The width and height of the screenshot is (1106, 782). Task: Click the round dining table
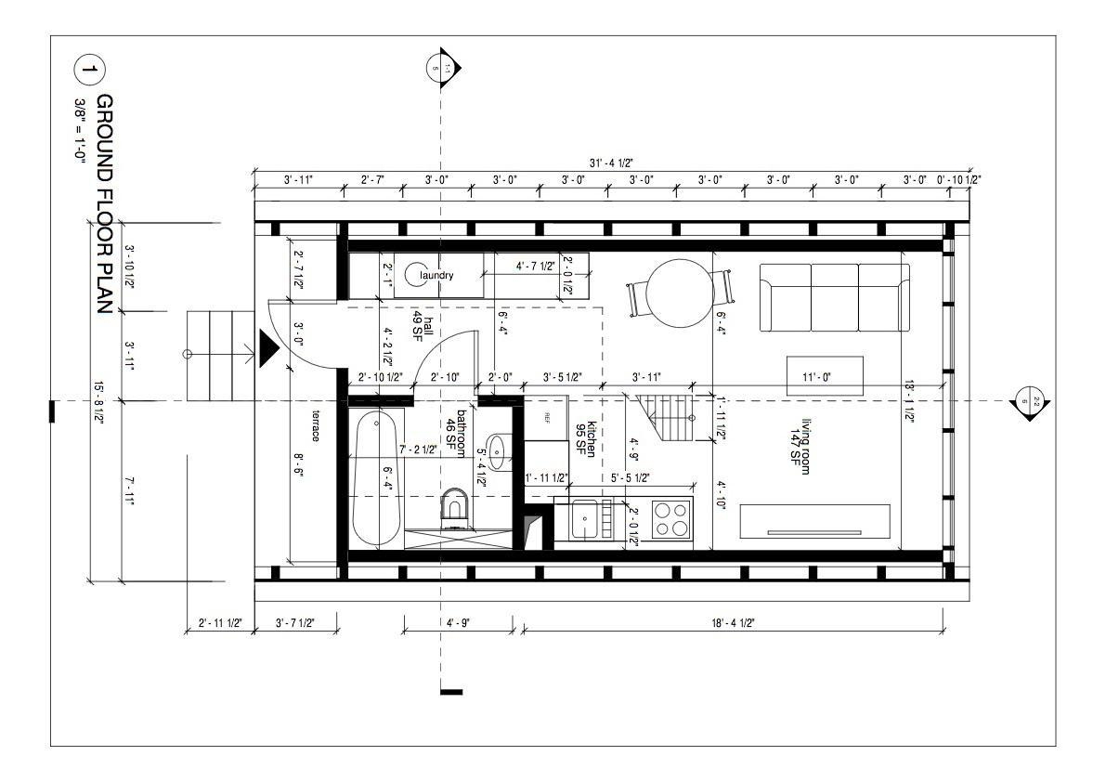[679, 294]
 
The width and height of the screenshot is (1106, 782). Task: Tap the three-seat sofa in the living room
[834, 297]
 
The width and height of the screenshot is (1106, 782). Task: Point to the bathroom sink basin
[498, 451]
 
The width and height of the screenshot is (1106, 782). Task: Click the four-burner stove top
[671, 518]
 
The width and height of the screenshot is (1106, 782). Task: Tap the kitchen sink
[586, 518]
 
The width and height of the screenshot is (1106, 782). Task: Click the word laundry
[436, 276]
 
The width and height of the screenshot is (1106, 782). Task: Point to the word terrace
[316, 425]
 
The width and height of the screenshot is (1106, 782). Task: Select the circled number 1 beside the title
[89, 71]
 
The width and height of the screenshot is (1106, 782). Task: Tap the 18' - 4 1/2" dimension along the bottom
[730, 623]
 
